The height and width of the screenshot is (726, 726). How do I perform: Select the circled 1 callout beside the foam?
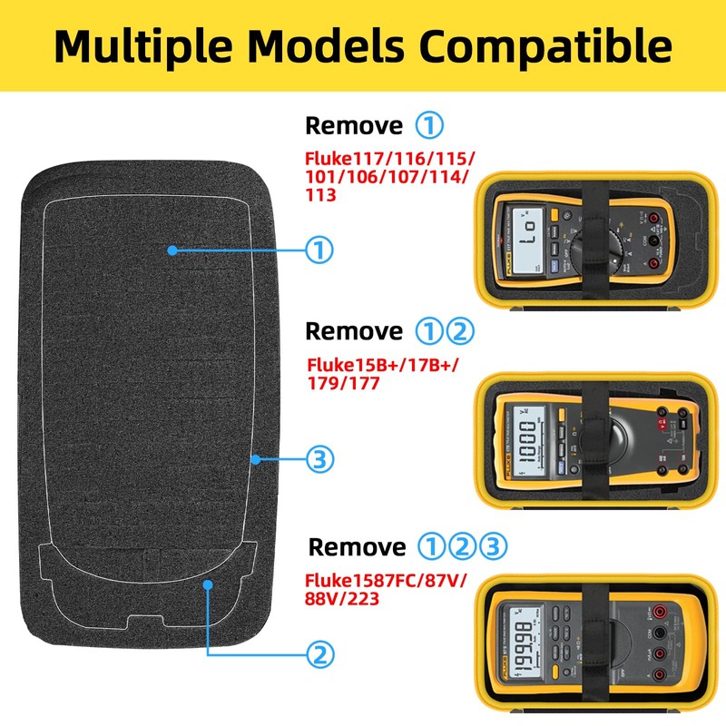[x=319, y=250]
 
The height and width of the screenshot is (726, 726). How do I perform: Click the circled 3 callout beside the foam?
[x=319, y=460]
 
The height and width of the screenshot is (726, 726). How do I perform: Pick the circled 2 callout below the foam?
[x=319, y=653]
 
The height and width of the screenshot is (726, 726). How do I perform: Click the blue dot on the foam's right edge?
[x=256, y=460]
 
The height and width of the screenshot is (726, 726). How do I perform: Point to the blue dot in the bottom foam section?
[x=208, y=584]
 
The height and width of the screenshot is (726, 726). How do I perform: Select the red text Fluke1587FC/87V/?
[x=387, y=581]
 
